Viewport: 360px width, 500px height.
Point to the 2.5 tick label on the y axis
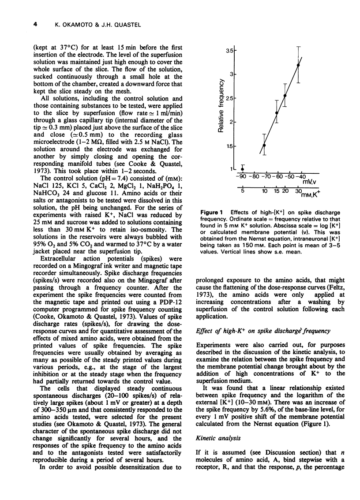(x=228, y=98)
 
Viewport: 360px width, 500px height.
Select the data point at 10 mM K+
(x=264, y=145)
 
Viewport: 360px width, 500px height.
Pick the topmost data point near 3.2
(x=299, y=65)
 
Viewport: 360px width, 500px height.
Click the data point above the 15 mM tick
(x=277, y=112)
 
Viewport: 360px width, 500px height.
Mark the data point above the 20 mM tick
(x=285, y=95)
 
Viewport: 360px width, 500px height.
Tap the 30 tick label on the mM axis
(x=298, y=191)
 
